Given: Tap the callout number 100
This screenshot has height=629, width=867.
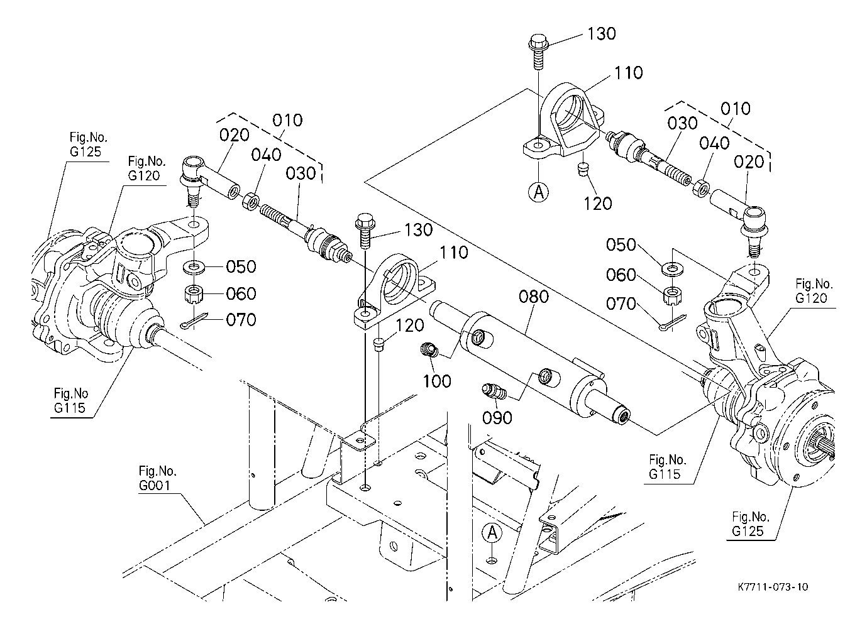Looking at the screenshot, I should pyautogui.click(x=437, y=381).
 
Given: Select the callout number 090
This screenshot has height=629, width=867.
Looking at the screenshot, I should pyautogui.click(x=497, y=417).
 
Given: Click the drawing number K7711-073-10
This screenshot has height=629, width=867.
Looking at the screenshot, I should pyautogui.click(x=773, y=587).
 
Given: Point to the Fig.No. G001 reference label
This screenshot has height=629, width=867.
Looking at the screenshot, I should pyautogui.click(x=158, y=478).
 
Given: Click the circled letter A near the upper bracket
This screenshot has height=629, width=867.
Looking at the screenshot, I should pyautogui.click(x=538, y=192).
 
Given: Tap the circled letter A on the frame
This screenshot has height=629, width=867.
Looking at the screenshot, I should pyautogui.click(x=493, y=533).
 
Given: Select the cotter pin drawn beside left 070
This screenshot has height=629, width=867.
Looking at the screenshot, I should pyautogui.click(x=193, y=323).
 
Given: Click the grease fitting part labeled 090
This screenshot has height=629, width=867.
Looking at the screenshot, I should pyautogui.click(x=494, y=392).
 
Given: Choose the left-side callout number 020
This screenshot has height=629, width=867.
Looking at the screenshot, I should pyautogui.click(x=235, y=135).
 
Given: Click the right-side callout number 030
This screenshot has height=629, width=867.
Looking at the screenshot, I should pyautogui.click(x=683, y=124).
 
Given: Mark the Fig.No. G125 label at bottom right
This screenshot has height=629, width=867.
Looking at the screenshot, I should pyautogui.click(x=751, y=524).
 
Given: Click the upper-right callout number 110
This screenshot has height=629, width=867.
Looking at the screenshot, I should pyautogui.click(x=629, y=73).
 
